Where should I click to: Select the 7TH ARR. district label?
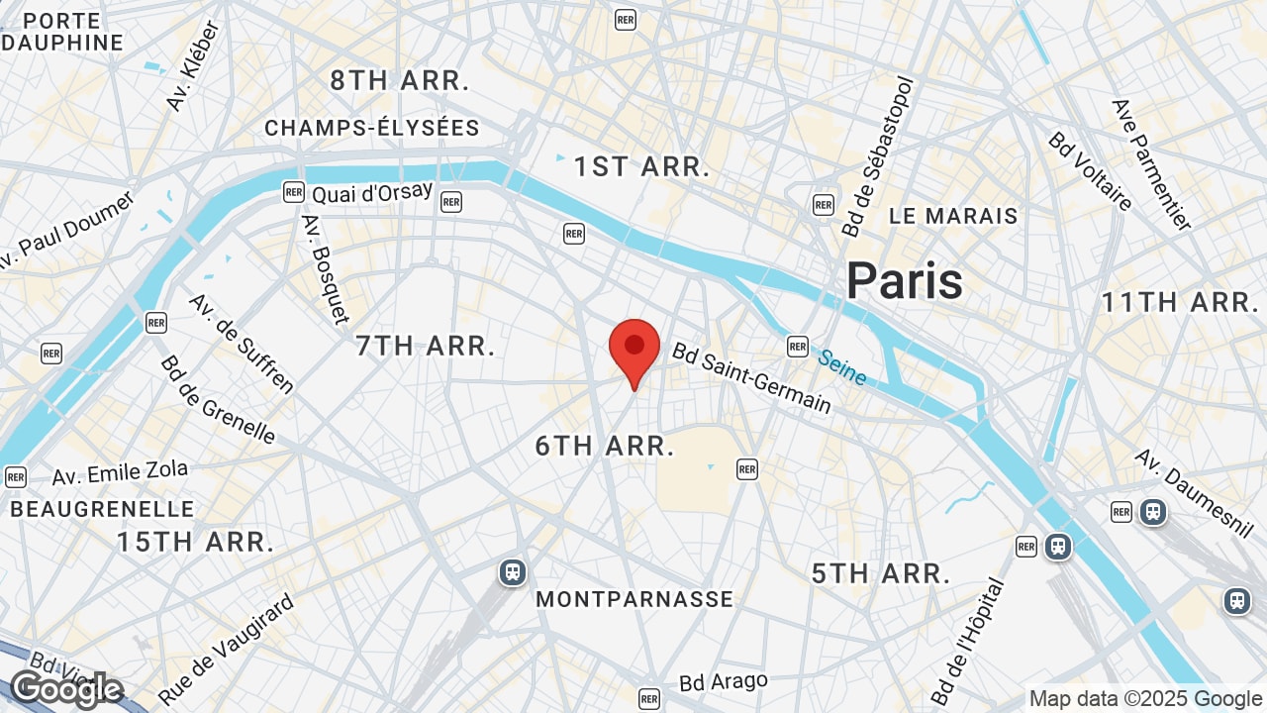(x=426, y=346)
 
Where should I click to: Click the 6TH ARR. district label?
(x=605, y=446)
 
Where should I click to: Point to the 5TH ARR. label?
(x=881, y=573)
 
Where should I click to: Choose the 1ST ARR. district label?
(x=642, y=166)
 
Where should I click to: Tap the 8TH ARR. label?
(x=400, y=81)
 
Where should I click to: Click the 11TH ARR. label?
(x=1180, y=302)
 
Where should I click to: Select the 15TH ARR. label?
(x=196, y=542)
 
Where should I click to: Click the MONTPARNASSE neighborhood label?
(x=634, y=599)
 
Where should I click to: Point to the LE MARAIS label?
(x=953, y=216)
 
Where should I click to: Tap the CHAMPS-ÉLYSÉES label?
(x=372, y=128)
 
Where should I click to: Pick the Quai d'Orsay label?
(x=372, y=192)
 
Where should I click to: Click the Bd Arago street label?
(x=724, y=682)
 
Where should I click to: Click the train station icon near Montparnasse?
(x=512, y=572)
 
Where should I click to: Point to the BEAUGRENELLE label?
(x=103, y=509)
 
